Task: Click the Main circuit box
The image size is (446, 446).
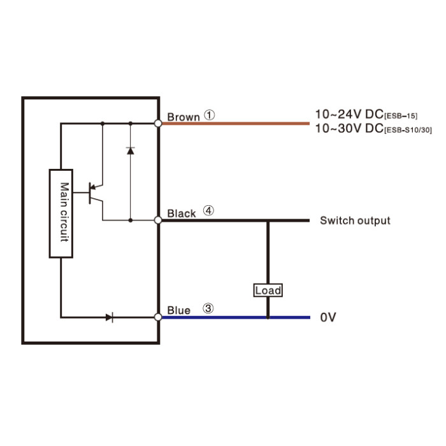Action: [x=61, y=213]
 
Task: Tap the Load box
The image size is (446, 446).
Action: [x=268, y=290]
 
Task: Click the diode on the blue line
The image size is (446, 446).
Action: [x=110, y=317]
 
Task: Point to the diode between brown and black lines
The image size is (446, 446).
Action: [x=130, y=150]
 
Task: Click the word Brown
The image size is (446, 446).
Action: [x=183, y=117]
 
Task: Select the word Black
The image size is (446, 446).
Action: [x=182, y=213]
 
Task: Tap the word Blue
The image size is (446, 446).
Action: [x=178, y=310]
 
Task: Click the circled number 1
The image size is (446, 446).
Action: [x=210, y=115]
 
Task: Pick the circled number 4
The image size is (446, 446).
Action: [x=208, y=211]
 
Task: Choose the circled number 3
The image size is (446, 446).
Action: [x=208, y=308]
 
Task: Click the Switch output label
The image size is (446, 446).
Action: [x=355, y=220]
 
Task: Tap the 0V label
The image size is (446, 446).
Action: [x=328, y=317]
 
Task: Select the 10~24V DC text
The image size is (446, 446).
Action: [x=349, y=114]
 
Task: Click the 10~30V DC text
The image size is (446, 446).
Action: [x=349, y=128]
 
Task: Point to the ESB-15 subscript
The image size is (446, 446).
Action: [x=401, y=116]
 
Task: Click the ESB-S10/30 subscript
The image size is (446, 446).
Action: [x=408, y=130]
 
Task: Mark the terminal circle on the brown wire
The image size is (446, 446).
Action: [x=158, y=124]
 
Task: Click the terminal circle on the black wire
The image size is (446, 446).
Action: [x=158, y=220]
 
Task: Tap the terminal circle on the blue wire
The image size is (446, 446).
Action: [x=158, y=317]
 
